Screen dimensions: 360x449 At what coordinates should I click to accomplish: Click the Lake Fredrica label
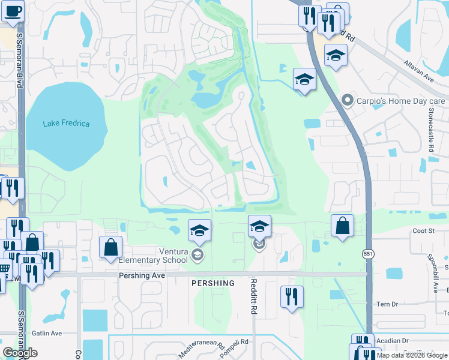66,124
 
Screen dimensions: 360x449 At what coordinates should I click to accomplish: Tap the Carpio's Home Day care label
400,100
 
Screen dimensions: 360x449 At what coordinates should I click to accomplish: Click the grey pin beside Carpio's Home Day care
346,100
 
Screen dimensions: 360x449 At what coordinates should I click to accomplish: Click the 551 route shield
369,254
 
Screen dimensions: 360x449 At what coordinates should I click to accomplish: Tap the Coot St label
423,230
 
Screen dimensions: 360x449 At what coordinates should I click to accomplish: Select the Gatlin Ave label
47,333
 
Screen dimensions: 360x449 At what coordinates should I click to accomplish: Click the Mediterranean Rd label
204,350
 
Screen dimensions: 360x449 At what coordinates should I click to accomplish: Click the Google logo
20,353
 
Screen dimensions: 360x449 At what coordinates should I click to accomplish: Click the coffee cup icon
12,10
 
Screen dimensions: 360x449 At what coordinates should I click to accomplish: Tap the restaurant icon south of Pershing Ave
292,295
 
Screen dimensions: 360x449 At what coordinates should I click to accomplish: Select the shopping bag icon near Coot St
342,226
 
